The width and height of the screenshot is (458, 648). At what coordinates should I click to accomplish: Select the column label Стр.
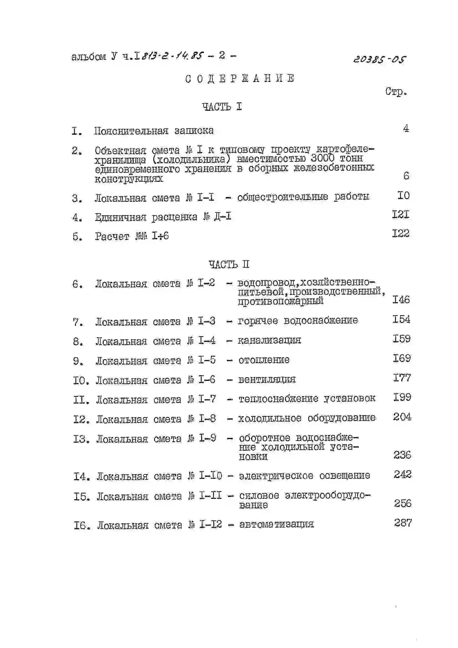(x=396, y=92)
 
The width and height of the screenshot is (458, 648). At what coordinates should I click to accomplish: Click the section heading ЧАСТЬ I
(x=222, y=107)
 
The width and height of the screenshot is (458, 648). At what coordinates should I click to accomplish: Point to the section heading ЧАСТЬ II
(x=229, y=264)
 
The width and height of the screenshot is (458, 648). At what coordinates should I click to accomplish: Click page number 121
(x=400, y=215)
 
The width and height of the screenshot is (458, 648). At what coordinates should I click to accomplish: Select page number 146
(x=401, y=299)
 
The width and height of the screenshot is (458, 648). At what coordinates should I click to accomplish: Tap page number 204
(x=402, y=417)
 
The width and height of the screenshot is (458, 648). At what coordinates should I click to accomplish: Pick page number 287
(x=403, y=523)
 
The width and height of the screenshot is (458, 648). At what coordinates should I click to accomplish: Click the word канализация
(x=270, y=340)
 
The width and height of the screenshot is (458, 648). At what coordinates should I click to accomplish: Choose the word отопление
(x=264, y=360)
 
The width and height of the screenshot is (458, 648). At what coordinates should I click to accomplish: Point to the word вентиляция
(x=267, y=379)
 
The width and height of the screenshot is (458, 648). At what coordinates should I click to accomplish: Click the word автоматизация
(x=276, y=524)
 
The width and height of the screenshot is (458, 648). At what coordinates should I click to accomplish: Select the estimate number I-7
(x=207, y=399)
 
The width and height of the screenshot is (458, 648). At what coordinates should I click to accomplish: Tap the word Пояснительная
(x=131, y=131)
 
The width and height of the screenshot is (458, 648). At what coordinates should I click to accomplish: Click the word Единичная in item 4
(x=121, y=217)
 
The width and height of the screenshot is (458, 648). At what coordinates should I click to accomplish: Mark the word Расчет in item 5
(x=112, y=236)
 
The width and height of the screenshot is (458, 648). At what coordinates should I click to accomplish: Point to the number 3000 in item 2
(x=322, y=158)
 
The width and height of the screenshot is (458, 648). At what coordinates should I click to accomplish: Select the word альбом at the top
(x=89, y=57)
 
